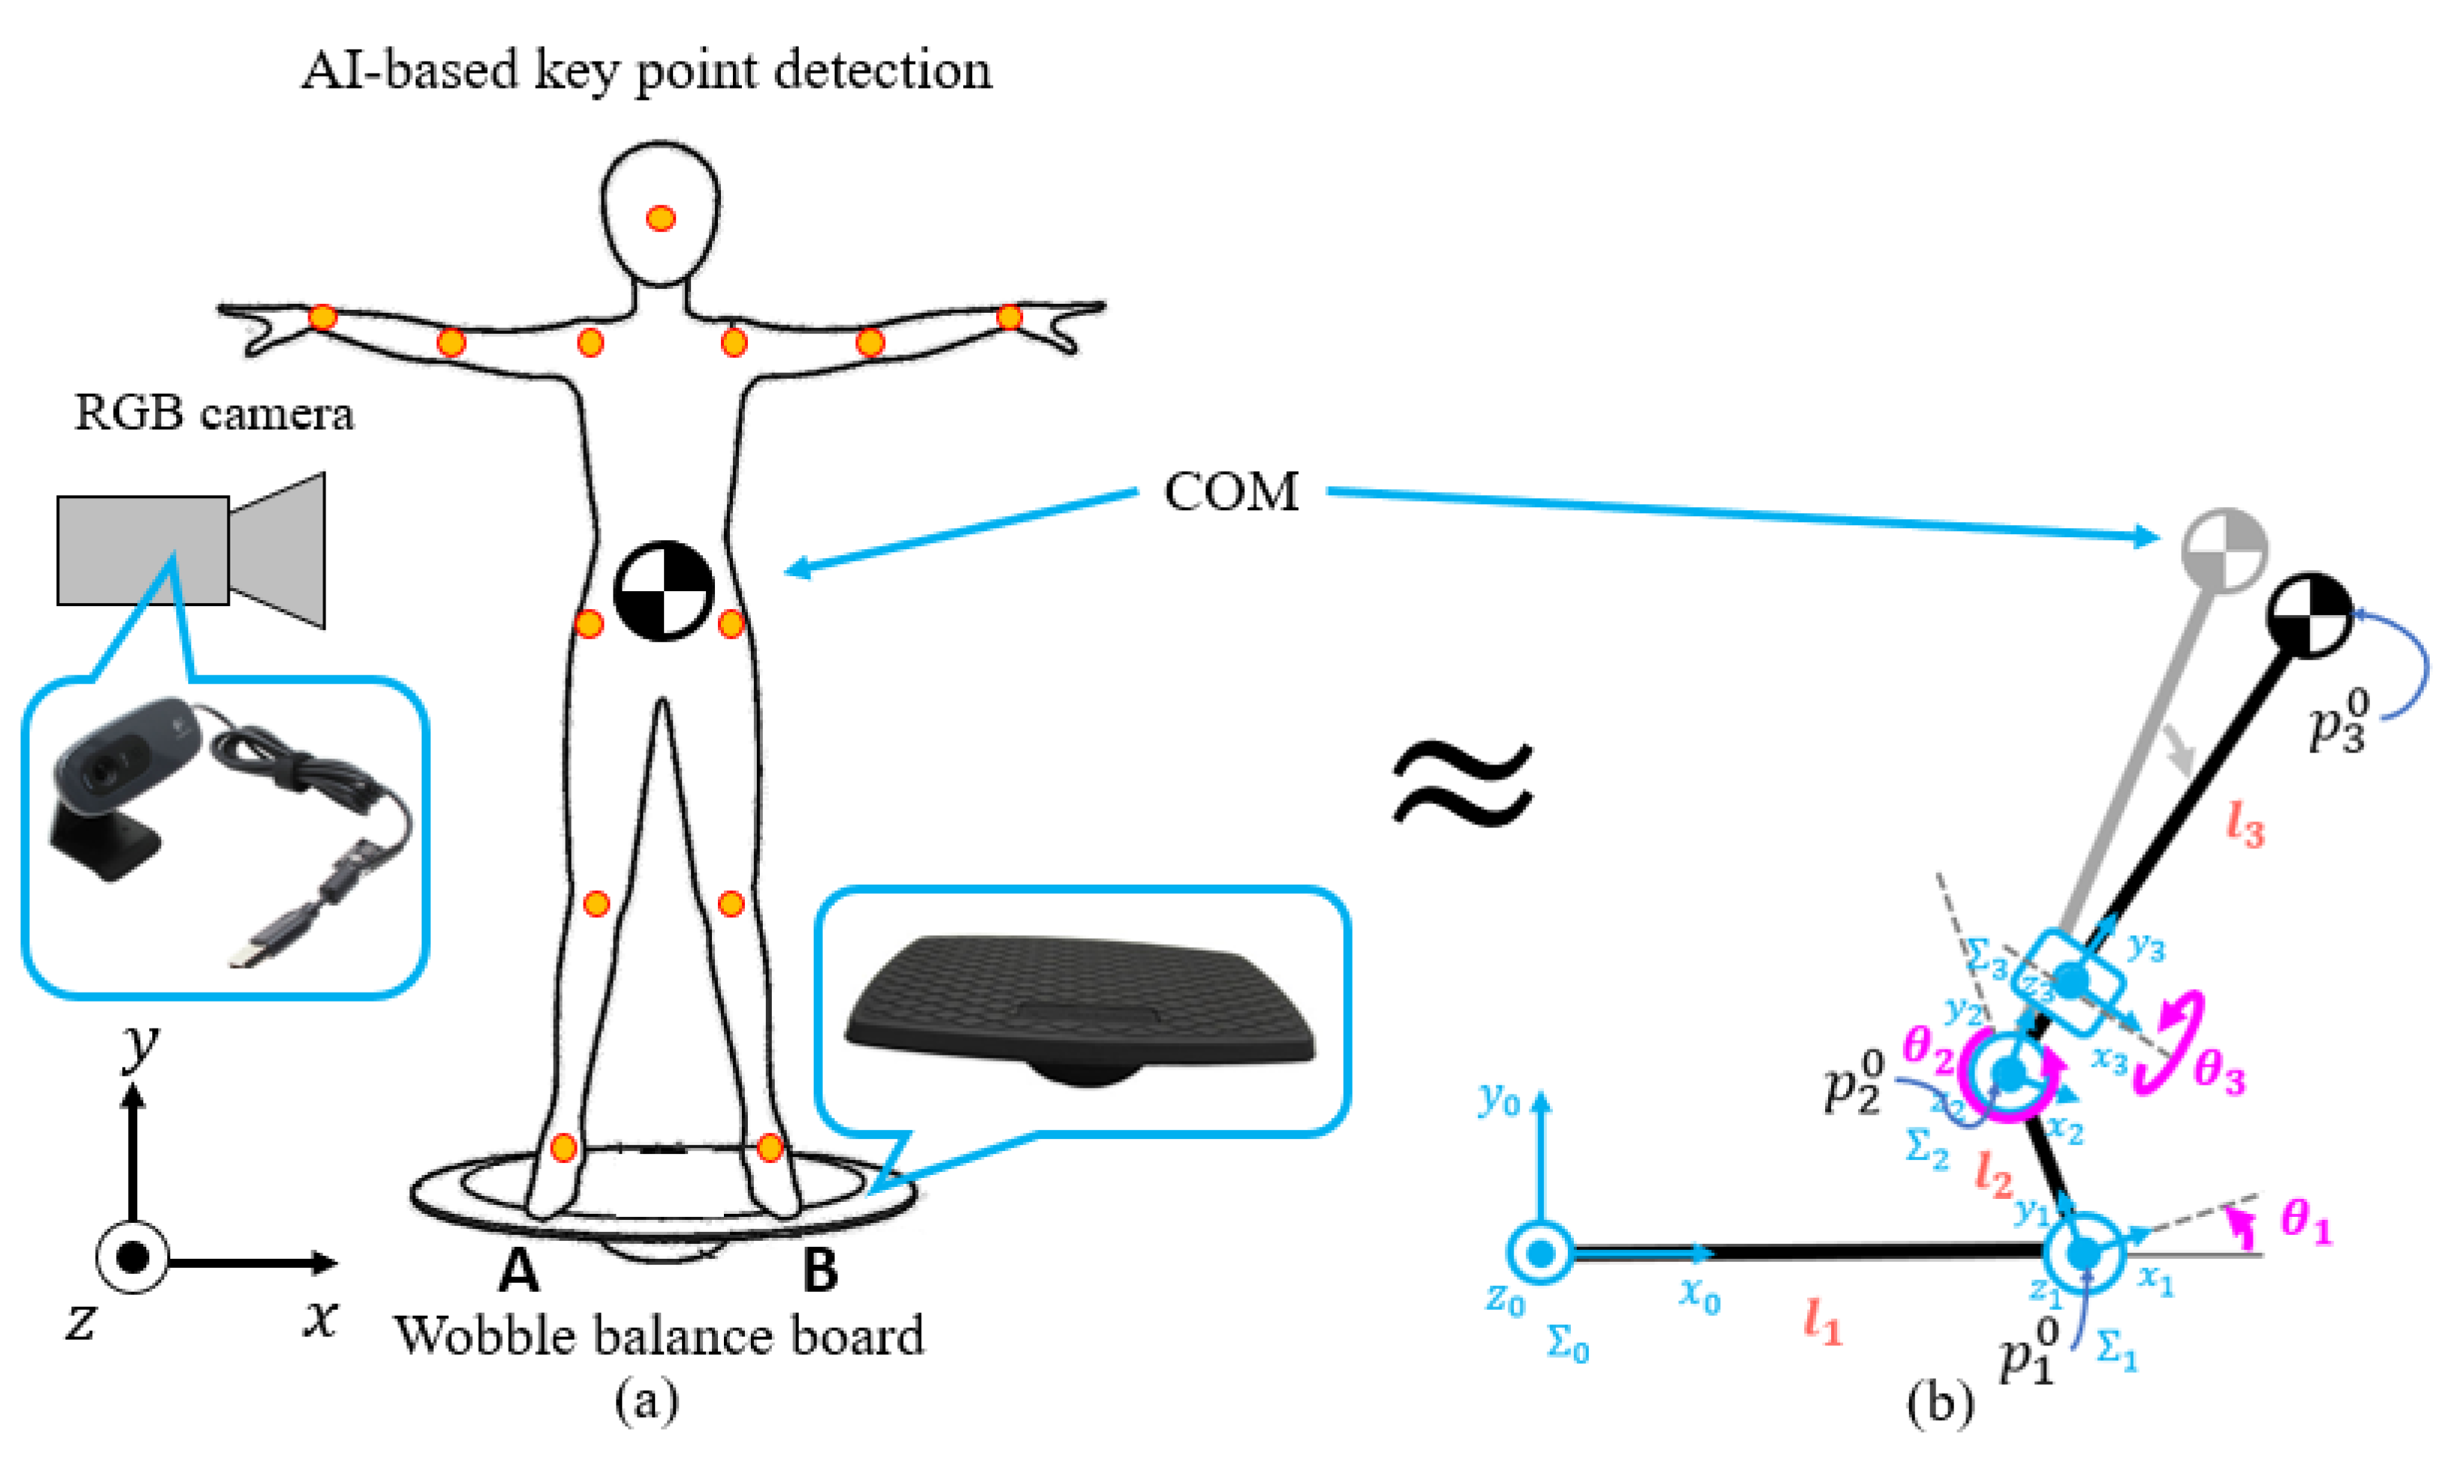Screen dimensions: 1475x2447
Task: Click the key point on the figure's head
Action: pos(660,218)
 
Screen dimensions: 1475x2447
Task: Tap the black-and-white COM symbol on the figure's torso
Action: pos(663,590)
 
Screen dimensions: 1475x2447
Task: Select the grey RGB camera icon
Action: pos(189,550)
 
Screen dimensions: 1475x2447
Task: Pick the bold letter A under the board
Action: pos(518,1270)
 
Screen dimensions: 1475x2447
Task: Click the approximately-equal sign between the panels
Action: pos(1462,785)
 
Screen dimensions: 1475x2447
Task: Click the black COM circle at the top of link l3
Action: pos(2310,614)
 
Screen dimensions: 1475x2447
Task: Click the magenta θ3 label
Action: pos(2220,1074)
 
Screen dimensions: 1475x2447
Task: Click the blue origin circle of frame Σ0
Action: pos(1540,1254)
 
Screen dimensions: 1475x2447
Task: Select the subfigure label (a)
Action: pos(647,1401)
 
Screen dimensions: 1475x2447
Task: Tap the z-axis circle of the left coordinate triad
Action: pos(132,1257)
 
